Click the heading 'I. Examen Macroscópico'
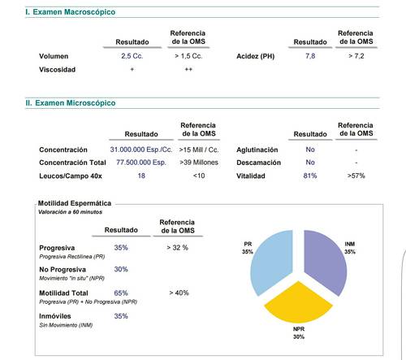pyautogui.click(x=71, y=12)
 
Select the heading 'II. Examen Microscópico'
pyautogui.click(x=71, y=103)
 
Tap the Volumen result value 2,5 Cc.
pyautogui.click(x=132, y=56)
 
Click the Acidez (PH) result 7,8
pyautogui.click(x=310, y=56)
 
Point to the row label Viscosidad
pyautogui.click(x=57, y=70)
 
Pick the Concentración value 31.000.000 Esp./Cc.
pyautogui.click(x=141, y=150)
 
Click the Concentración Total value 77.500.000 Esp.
pyautogui.click(x=141, y=163)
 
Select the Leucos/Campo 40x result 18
pyautogui.click(x=141, y=176)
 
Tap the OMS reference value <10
pyautogui.click(x=199, y=176)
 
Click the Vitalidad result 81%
pyautogui.click(x=310, y=176)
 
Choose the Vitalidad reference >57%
pyautogui.click(x=356, y=176)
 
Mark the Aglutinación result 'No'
pyautogui.click(x=310, y=150)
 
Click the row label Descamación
pyautogui.click(x=258, y=163)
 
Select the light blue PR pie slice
pyautogui.click(x=274, y=262)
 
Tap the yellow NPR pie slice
pyautogui.click(x=298, y=303)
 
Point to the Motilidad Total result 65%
pyautogui.click(x=121, y=293)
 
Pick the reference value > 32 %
pyautogui.click(x=177, y=248)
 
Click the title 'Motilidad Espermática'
pyautogui.click(x=75, y=203)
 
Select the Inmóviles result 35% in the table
pyautogui.click(x=121, y=316)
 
